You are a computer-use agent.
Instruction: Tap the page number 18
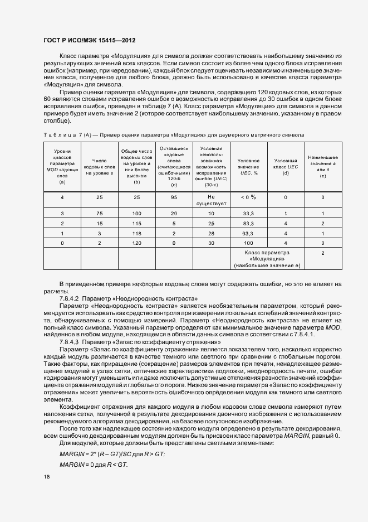(x=46, y=477)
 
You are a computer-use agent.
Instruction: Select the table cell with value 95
(x=174, y=197)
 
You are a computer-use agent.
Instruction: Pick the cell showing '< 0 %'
(x=248, y=197)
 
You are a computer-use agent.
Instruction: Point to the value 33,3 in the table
(x=248, y=214)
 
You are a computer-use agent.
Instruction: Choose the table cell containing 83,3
(x=248, y=223)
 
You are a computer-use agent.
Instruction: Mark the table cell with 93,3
(x=248, y=233)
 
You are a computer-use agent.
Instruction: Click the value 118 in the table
(x=136, y=233)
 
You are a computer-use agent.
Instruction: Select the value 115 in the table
(x=136, y=223)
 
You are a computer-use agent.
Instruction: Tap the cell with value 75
(x=99, y=214)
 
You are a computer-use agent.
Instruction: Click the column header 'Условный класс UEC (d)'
(x=286, y=166)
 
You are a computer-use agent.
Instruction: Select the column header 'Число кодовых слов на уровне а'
(x=99, y=166)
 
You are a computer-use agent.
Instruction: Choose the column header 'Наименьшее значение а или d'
(x=323, y=166)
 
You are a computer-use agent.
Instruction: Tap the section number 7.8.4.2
(x=70, y=299)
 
